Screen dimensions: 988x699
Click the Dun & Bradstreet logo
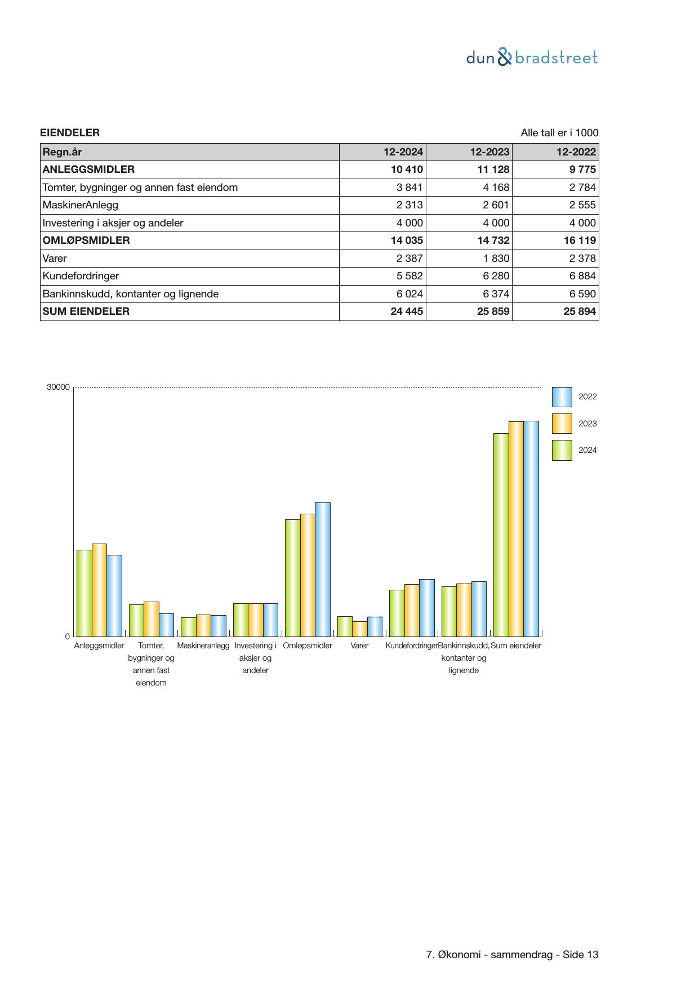click(532, 57)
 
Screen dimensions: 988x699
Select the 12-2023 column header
click(489, 152)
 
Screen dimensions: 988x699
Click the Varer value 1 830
click(496, 259)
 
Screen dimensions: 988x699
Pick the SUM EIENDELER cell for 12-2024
click(406, 311)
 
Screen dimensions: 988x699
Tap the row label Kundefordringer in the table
click(81, 276)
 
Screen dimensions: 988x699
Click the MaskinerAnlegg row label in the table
click(81, 205)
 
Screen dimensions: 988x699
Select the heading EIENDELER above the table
click(70, 133)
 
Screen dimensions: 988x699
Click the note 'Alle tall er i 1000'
click(559, 133)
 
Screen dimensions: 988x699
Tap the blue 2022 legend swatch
click(562, 397)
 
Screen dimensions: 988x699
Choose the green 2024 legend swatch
click(562, 450)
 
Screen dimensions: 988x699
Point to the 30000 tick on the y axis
click(59, 388)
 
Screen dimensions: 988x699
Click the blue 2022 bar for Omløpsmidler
click(323, 569)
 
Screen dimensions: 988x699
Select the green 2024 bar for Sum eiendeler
click(501, 535)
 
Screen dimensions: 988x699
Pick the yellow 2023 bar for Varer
click(359, 629)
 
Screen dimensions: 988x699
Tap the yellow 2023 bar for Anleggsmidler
click(99, 590)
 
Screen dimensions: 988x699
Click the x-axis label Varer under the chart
click(359, 646)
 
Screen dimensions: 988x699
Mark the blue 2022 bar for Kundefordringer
click(427, 608)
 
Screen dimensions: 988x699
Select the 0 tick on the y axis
click(68, 637)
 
